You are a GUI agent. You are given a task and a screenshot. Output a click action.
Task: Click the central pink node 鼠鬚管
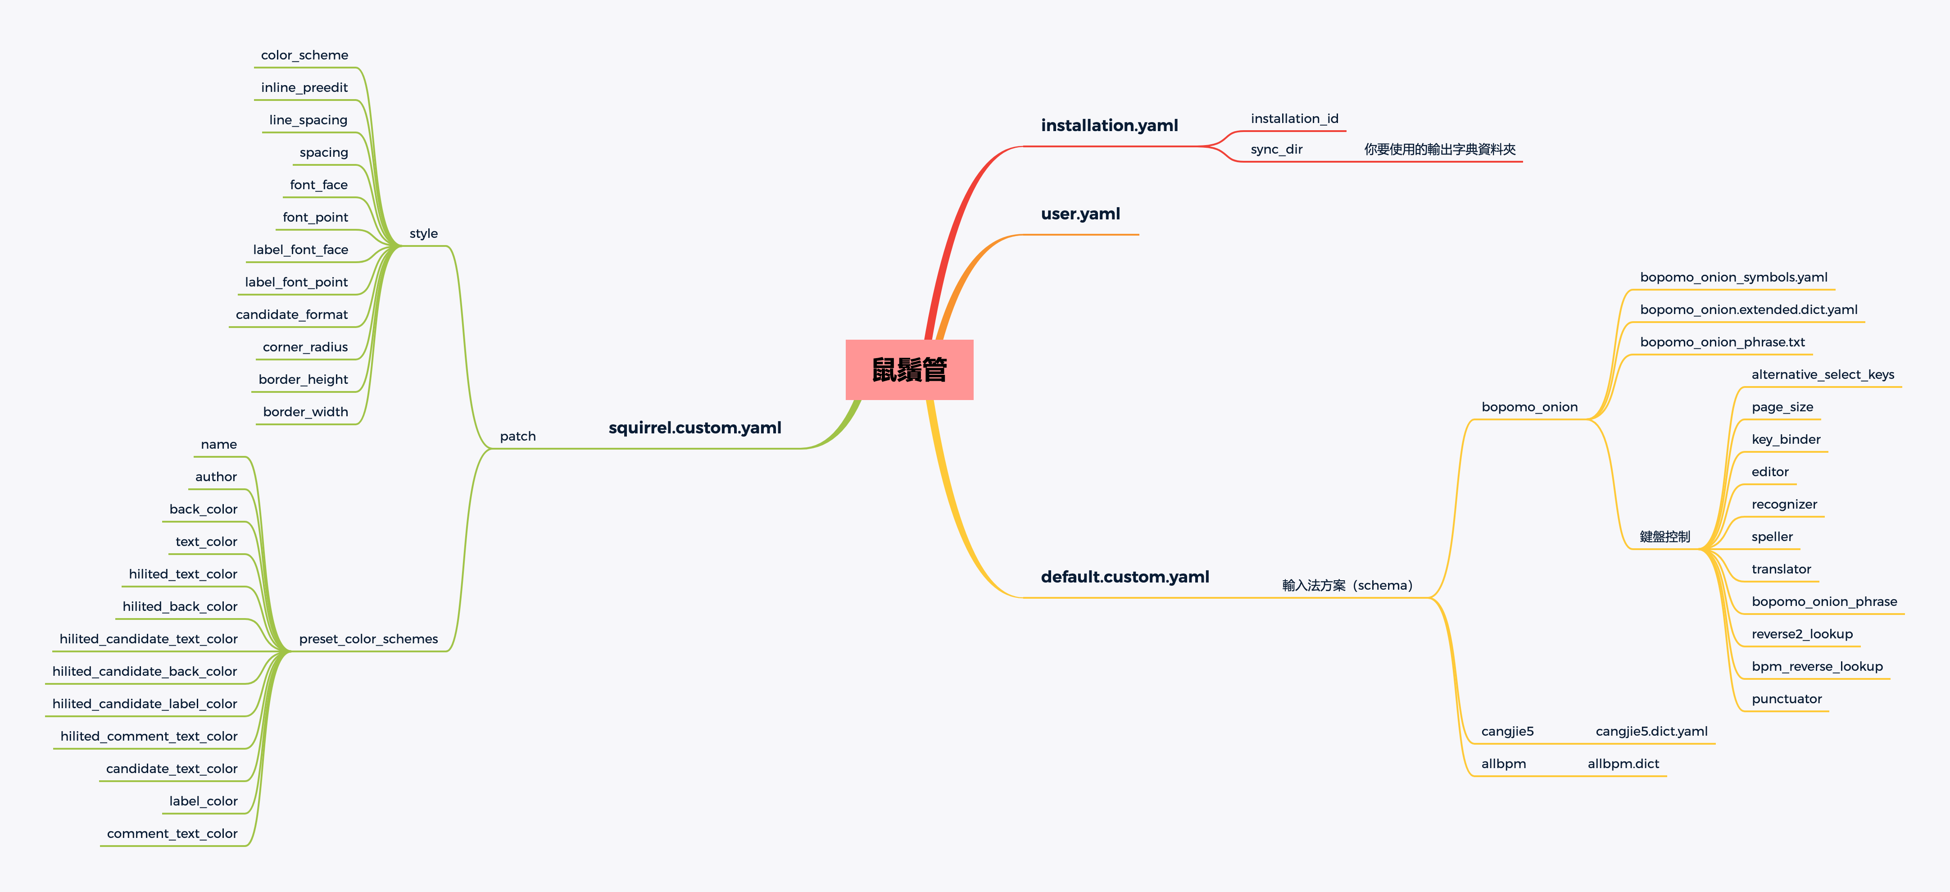click(x=909, y=369)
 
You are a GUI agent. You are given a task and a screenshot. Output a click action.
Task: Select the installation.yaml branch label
click(x=1109, y=126)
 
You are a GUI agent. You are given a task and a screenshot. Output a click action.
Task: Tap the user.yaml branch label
click(x=1080, y=214)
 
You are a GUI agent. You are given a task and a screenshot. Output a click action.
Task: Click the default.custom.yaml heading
click(x=1125, y=577)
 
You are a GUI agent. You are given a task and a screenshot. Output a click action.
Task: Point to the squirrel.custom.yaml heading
click(x=694, y=428)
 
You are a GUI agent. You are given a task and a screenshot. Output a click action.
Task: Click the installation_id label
click(x=1294, y=119)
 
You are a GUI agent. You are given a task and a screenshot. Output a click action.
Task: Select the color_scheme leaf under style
click(x=304, y=55)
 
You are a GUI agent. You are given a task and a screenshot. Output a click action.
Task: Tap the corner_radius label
click(x=305, y=347)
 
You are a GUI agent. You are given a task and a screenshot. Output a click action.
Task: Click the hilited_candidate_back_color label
click(x=145, y=672)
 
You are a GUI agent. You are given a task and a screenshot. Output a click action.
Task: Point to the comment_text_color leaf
click(x=172, y=834)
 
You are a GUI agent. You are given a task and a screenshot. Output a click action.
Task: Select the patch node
click(x=518, y=436)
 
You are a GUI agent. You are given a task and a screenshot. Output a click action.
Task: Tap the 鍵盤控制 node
click(x=1664, y=537)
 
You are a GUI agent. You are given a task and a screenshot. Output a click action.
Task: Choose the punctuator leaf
click(x=1787, y=699)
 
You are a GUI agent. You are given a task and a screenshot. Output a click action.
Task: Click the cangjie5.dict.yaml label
click(x=1651, y=732)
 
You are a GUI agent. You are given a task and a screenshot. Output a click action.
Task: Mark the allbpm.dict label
click(x=1623, y=764)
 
